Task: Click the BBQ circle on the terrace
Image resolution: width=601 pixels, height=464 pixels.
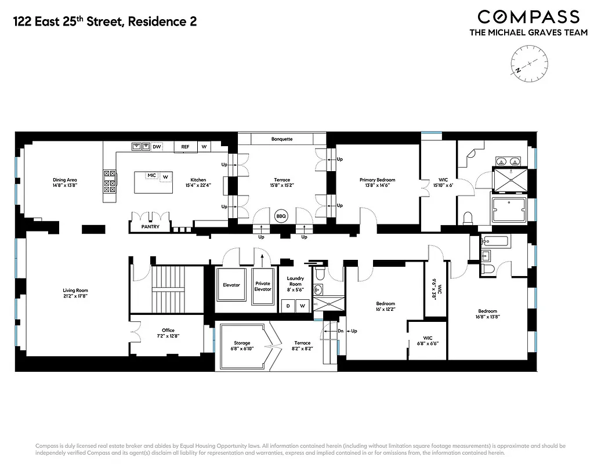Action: point(281,215)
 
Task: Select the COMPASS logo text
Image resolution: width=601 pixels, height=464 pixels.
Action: point(528,17)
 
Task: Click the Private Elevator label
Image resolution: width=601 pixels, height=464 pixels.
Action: point(263,286)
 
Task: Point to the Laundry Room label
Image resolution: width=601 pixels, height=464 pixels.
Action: point(295,281)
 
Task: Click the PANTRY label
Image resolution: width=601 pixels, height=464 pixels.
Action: point(150,227)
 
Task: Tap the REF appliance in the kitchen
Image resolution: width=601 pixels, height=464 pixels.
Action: point(185,147)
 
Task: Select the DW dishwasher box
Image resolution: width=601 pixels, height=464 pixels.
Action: point(157,147)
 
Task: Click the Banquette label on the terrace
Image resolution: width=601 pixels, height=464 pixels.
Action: point(282,139)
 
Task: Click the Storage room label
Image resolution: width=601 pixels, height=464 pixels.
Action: point(242,343)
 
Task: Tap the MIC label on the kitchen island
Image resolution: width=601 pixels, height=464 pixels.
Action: point(151,175)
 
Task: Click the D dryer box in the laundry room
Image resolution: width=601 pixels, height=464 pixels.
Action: point(288,305)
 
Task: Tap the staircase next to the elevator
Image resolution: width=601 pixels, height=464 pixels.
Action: point(166,288)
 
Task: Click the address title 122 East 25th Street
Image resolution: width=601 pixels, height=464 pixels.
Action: point(104,22)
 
